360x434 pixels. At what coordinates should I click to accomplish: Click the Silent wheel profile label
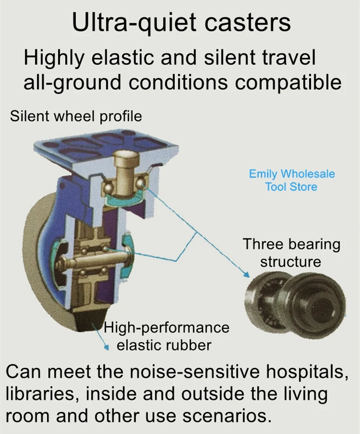pyautogui.click(x=76, y=116)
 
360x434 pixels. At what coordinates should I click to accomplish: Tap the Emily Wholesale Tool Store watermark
pyautogui.click(x=292, y=180)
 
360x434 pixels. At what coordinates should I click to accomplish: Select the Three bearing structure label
pyautogui.click(x=291, y=252)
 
